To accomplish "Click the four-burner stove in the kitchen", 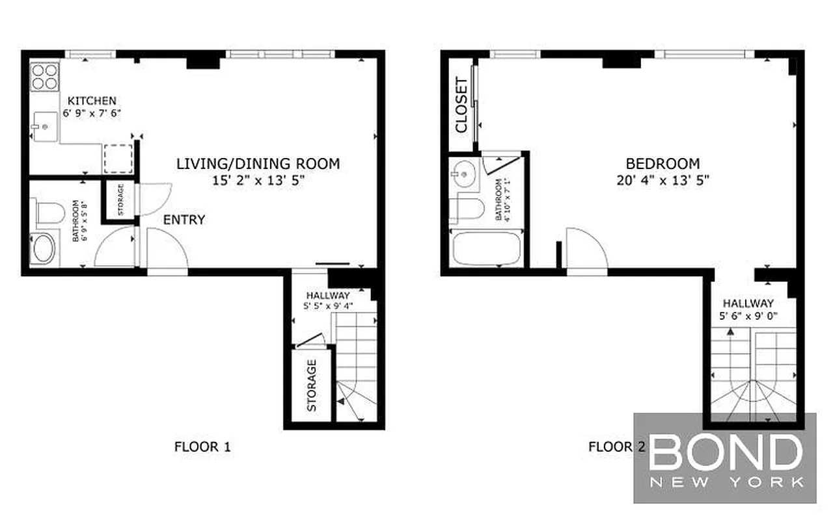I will pos(44,76).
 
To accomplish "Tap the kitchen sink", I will pos(44,127).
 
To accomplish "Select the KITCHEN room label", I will pos(92,101).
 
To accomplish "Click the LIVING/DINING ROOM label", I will pos(258,164).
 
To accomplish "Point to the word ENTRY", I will pos(184,220).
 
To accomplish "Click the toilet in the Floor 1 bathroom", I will pos(49,212).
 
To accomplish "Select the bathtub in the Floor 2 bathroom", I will pos(487,248).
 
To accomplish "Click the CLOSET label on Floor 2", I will pos(461,105).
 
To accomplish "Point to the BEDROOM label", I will pos(662,164).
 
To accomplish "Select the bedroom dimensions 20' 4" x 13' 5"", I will pos(662,180).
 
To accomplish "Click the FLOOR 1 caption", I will pos(203,447).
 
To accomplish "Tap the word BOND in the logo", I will pos(726,452).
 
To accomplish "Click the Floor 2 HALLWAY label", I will pos(748,303).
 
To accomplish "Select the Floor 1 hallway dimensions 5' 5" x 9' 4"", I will pos(328,306).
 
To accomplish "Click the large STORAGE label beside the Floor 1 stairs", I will pos(312,385).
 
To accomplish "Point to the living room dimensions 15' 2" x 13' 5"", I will pos(258,181).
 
